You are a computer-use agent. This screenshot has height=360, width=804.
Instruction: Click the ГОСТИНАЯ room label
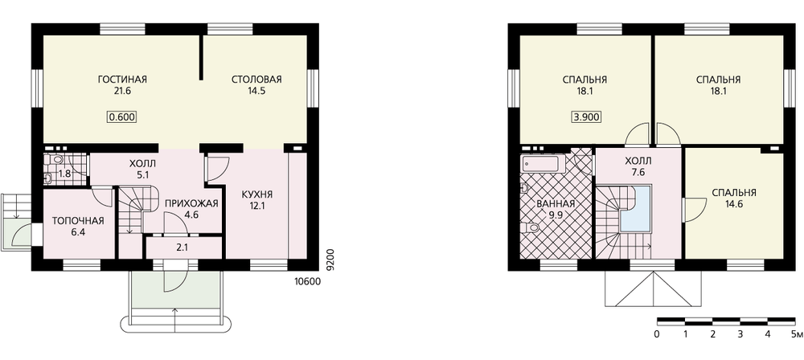[122, 80]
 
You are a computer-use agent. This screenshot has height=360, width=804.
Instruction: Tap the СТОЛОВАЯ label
[256, 80]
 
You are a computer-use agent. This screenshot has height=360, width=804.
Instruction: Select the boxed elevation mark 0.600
[122, 117]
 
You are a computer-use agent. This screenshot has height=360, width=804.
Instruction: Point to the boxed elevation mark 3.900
[586, 117]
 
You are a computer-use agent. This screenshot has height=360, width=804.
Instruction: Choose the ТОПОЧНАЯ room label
[79, 221]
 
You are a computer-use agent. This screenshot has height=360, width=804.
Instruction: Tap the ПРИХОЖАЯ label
[192, 203]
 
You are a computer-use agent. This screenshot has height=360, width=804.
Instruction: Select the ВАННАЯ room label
[556, 203]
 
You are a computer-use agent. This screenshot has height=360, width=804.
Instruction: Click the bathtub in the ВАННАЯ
[540, 164]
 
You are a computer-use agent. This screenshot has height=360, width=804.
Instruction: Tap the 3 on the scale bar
[740, 335]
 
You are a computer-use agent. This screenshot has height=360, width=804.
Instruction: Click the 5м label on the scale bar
[797, 335]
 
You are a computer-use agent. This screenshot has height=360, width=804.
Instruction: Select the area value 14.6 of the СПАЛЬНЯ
[734, 203]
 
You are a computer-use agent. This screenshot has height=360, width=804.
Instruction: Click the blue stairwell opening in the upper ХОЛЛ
[635, 211]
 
